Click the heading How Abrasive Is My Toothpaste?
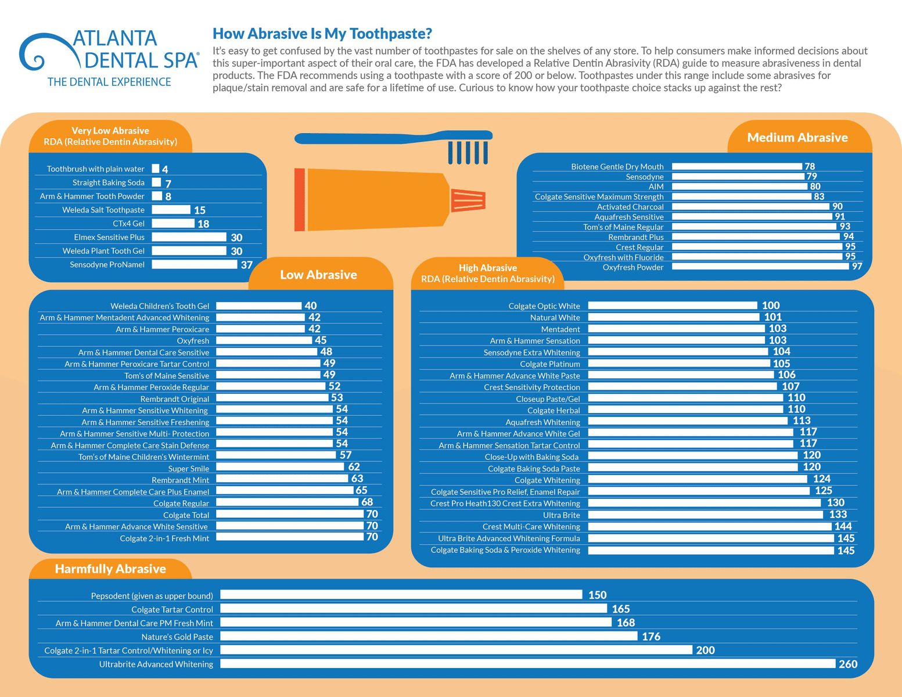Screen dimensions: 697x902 tap(322, 34)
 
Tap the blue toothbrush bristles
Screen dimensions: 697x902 tap(468, 152)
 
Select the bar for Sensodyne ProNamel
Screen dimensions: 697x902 tap(195, 265)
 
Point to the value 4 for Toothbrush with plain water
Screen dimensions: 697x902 tap(165, 170)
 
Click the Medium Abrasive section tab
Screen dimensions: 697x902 tap(797, 138)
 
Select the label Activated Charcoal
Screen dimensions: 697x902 tap(630, 207)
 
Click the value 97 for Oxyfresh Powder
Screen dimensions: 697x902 tap(857, 267)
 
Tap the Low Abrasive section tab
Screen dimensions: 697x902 tap(318, 275)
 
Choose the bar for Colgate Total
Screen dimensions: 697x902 tap(289, 514)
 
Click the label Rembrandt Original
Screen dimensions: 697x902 tap(174, 399)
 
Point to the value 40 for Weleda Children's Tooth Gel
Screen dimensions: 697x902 tap(311, 306)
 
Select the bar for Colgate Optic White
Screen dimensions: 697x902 tap(672, 306)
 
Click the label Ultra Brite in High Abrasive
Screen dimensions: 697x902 tap(561, 515)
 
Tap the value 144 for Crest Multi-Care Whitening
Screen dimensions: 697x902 tap(843, 526)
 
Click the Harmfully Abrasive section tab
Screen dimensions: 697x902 tap(110, 569)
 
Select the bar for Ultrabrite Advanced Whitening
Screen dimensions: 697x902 tap(527, 664)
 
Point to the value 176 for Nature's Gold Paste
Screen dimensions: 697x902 tap(651, 637)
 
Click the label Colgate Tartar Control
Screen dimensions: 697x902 tap(172, 610)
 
